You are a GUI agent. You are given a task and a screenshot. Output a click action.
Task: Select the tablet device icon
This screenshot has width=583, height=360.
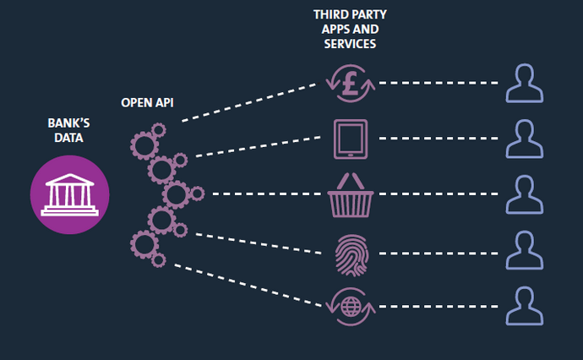tap(350, 139)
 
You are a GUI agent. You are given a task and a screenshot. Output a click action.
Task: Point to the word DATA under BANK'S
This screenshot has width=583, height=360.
tap(68, 138)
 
